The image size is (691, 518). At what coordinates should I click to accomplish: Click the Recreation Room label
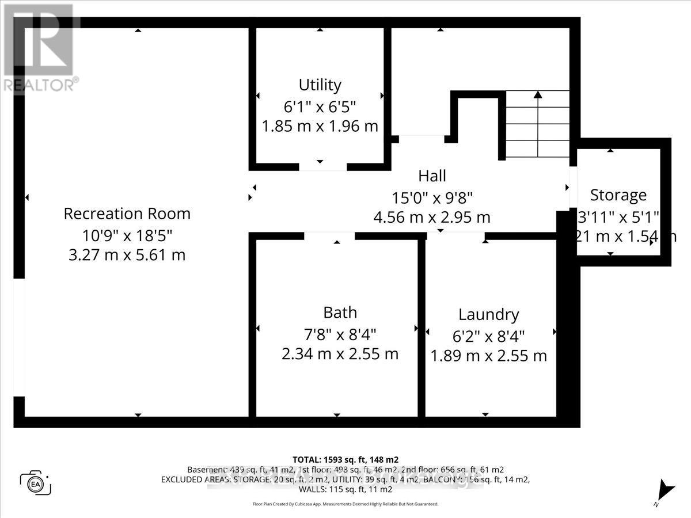[127, 214]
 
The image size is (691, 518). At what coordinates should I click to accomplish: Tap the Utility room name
[320, 85]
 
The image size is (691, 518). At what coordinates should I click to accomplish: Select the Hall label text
[432, 176]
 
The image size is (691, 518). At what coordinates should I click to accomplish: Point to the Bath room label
[340, 313]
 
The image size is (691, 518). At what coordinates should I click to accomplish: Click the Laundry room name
[488, 314]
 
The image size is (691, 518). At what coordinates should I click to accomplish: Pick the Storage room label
[618, 195]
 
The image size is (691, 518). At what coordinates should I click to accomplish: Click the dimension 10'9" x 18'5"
[127, 234]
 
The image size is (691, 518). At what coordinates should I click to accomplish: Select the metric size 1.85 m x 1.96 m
[320, 126]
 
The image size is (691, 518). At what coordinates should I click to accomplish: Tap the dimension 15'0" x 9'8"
[432, 197]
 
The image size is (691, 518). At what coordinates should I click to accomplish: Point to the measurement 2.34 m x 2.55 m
[340, 353]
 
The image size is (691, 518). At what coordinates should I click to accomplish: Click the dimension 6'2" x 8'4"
[488, 335]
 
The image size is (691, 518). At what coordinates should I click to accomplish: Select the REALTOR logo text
[39, 85]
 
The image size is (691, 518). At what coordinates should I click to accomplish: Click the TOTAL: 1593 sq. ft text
[345, 459]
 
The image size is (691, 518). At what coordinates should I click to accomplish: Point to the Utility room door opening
[322, 166]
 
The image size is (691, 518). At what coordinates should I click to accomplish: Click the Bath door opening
[329, 236]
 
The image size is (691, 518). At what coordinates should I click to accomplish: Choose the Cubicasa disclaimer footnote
[345, 504]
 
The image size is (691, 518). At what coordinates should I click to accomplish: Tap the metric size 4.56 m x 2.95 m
[432, 218]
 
